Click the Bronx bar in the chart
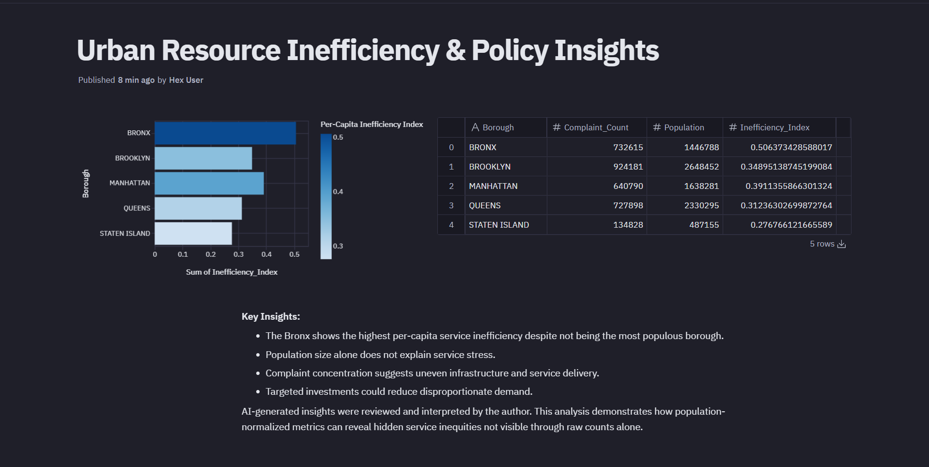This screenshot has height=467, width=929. (x=225, y=133)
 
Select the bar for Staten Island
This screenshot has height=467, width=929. (x=193, y=233)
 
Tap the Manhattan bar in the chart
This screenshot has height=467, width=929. (x=209, y=183)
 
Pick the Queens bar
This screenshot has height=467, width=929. (x=198, y=208)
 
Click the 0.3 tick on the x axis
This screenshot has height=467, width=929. (x=238, y=254)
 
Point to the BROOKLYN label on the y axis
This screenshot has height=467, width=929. (x=132, y=158)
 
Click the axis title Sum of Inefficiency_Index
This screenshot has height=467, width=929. (x=232, y=272)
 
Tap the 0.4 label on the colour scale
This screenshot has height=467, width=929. (x=338, y=192)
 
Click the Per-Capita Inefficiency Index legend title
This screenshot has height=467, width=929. (x=372, y=125)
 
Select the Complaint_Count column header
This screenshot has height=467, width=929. (x=596, y=127)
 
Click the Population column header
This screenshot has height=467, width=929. (x=683, y=127)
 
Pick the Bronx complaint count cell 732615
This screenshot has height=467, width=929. (x=628, y=147)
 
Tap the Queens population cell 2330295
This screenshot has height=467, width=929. (x=701, y=205)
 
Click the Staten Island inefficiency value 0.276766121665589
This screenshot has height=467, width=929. (x=791, y=225)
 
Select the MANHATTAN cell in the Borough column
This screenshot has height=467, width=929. (x=493, y=186)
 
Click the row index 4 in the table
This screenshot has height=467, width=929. (x=451, y=225)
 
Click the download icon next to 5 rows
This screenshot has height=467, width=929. (x=842, y=244)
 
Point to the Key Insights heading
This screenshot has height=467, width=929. (x=271, y=316)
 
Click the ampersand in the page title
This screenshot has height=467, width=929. (x=455, y=50)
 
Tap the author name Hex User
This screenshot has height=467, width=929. (x=186, y=80)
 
